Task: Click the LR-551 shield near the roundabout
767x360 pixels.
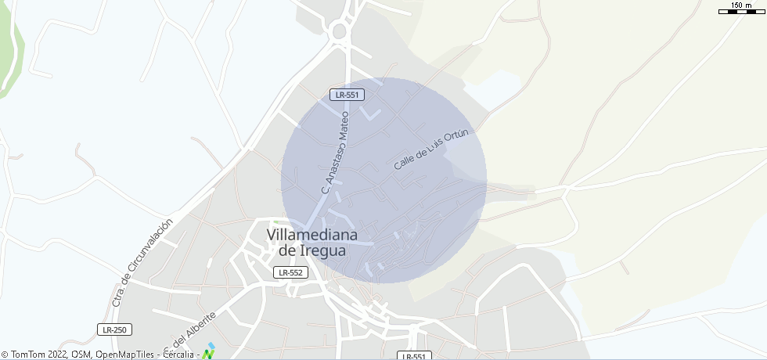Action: pyautogui.click(x=346, y=95)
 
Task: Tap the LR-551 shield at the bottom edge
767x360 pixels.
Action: pyautogui.click(x=415, y=356)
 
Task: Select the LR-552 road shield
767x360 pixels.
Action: pyautogui.click(x=291, y=272)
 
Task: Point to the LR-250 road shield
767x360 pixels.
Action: pyautogui.click(x=115, y=329)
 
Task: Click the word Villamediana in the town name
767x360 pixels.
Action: pyautogui.click(x=312, y=235)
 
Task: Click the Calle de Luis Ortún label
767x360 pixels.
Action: pyautogui.click(x=430, y=150)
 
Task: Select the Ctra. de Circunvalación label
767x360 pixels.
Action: pyautogui.click(x=142, y=263)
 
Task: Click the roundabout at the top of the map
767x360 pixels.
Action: pyautogui.click(x=339, y=32)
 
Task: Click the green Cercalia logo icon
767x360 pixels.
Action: pyautogui.click(x=207, y=355)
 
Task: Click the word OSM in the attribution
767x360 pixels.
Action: pyautogui.click(x=81, y=355)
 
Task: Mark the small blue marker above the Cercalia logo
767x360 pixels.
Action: pyautogui.click(x=211, y=344)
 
